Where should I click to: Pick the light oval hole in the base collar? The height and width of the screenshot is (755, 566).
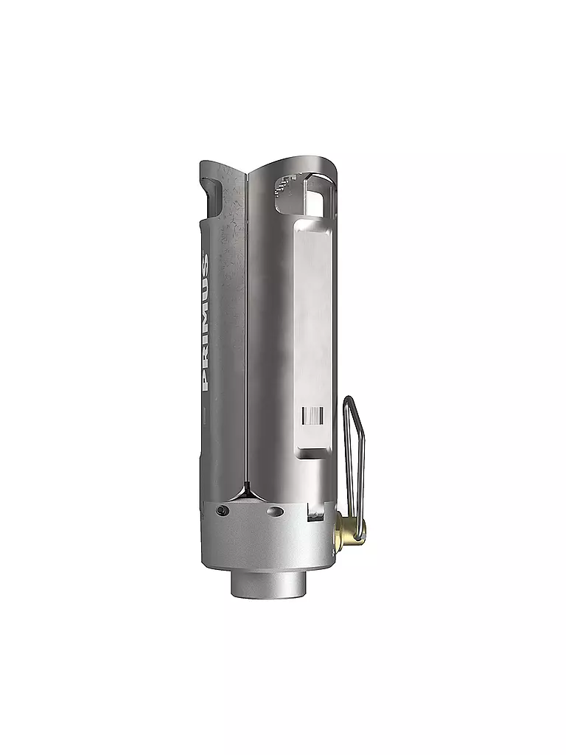pos(274,512)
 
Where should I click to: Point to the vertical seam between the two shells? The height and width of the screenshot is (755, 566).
pos(246,332)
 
